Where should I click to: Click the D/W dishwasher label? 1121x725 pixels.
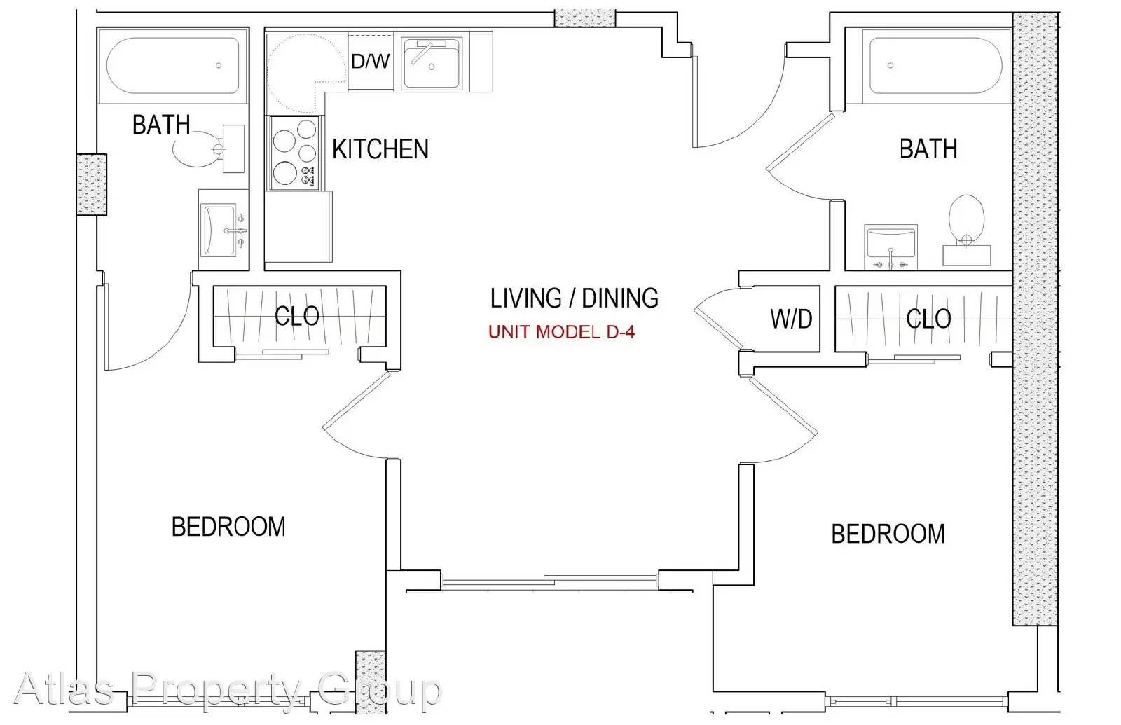point(371,61)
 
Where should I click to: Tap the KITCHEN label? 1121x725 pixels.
point(380,149)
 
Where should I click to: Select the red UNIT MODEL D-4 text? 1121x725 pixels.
point(561,332)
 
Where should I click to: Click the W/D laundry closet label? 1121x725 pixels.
point(791,319)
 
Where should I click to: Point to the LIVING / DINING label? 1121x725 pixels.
point(574,298)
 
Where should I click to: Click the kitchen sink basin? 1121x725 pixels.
point(432,64)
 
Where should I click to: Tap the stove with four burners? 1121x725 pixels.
point(294,153)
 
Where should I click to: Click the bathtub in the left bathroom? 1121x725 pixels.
point(173,66)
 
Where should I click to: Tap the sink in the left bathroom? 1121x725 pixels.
point(223,230)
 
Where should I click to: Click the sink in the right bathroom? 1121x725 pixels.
point(890,247)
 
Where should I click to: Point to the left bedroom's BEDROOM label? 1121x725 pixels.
point(228,527)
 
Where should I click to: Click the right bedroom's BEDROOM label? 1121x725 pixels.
point(888,534)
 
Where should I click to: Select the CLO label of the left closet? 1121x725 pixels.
point(297,316)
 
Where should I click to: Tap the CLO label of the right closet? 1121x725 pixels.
point(928,319)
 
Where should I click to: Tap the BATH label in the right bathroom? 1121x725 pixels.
point(928,149)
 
